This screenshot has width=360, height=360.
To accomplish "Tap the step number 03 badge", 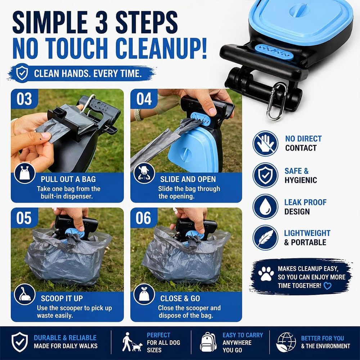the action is tap(24, 99).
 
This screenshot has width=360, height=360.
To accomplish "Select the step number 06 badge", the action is tap(144, 218).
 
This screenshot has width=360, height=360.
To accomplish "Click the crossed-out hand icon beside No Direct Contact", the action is tap(265, 144).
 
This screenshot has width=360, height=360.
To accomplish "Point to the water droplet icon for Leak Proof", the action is tap(265, 206).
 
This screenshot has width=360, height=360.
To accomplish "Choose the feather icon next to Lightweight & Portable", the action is tap(265, 237).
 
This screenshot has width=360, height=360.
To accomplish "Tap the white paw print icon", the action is tap(266, 274).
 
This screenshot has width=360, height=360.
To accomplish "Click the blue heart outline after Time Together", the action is tap(327, 286).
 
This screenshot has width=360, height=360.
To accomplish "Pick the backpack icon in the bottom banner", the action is tap(208, 342).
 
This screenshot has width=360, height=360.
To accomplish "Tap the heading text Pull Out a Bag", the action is tap(68, 179).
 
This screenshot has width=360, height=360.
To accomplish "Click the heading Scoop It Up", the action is tap(62, 298).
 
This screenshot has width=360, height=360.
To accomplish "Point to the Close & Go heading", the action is tap(180, 298).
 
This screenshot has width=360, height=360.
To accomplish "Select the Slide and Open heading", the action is tap(188, 179).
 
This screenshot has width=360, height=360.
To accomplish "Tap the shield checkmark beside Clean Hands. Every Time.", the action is tap(22, 73).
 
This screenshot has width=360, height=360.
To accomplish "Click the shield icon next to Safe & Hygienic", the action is tap(265, 175).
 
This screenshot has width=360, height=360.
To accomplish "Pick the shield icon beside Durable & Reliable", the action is tap(20, 342).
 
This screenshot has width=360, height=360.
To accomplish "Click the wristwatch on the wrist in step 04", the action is tap(138, 115).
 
